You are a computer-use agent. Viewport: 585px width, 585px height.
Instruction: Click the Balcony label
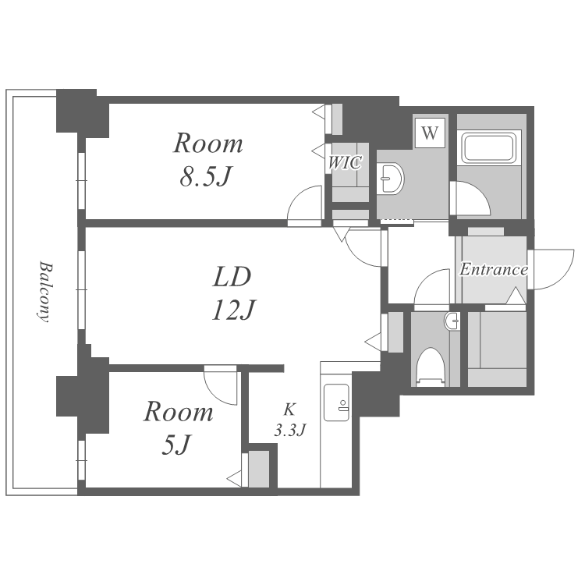pyautogui.click(x=44, y=291)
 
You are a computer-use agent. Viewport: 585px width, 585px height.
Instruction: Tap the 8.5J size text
pyautogui.click(x=207, y=177)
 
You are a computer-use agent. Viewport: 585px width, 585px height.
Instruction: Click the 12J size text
pyautogui.click(x=232, y=310)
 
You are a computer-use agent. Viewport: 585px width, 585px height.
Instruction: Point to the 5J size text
pyautogui.click(x=177, y=445)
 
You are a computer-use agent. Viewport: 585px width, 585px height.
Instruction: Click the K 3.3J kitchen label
pyautogui.click(x=289, y=419)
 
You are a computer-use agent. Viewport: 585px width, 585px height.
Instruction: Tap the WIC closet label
pyautogui.click(x=344, y=162)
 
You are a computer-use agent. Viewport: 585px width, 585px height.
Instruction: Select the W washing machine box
pyautogui.click(x=430, y=132)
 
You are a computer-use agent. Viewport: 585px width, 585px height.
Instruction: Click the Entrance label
pyautogui.click(x=493, y=270)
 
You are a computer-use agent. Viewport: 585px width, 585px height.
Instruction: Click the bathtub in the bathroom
pyautogui.click(x=489, y=148)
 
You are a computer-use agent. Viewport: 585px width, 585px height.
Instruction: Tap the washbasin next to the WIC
pyautogui.click(x=390, y=179)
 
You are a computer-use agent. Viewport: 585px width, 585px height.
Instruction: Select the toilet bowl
pyautogui.click(x=430, y=367)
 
